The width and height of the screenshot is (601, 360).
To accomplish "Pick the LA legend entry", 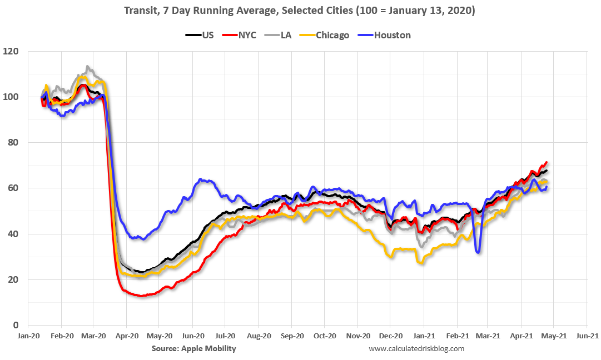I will pyautogui.click(x=280, y=35).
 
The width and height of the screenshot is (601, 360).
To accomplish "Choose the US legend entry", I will pyautogui.click(x=200, y=35).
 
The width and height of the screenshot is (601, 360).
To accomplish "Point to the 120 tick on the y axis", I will pyautogui.click(x=11, y=51).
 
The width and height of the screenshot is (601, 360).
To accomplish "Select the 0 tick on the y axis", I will pyautogui.click(x=16, y=325).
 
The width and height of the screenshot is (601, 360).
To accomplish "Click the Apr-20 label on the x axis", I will pyautogui.click(x=127, y=336).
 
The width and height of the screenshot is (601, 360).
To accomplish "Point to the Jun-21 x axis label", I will pyautogui.click(x=587, y=336).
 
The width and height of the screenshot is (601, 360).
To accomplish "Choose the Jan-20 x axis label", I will pyautogui.click(x=28, y=336).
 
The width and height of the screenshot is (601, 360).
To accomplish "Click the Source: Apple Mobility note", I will pyautogui.click(x=193, y=348).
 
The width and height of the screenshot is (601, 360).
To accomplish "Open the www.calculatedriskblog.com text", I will pyautogui.click(x=416, y=348).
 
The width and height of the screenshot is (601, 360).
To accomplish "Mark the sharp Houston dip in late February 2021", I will pyautogui.click(x=478, y=252).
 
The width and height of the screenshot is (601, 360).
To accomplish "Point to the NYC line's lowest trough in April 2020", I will pyautogui.click(x=141, y=296).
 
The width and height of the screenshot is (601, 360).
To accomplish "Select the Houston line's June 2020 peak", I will pyautogui.click(x=200, y=179).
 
